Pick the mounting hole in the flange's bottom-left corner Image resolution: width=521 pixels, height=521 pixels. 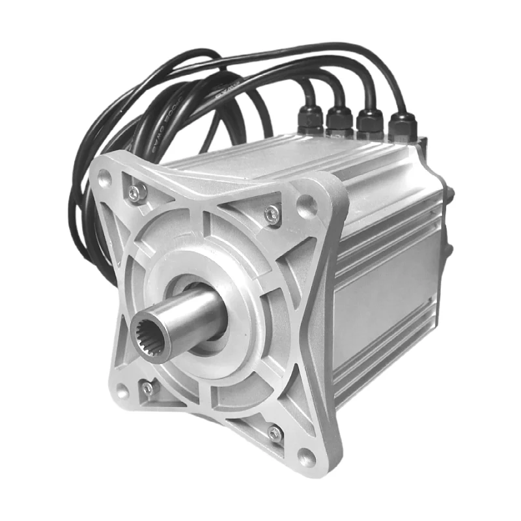click(x=122, y=391)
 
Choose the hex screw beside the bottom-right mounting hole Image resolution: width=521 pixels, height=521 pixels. click(x=275, y=432)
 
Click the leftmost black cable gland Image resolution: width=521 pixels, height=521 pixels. click(x=310, y=120)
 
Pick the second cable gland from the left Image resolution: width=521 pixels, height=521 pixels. click(x=339, y=122)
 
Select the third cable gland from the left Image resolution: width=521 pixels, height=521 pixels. click(x=370, y=124)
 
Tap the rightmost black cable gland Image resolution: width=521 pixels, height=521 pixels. click(x=401, y=126)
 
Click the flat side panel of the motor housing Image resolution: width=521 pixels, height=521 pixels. click(x=384, y=293)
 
